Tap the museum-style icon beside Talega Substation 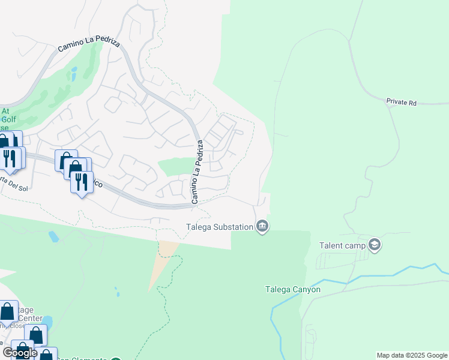pyautogui.click(x=262, y=226)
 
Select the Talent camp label pyautogui.click(x=339, y=245)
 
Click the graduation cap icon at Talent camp pyautogui.click(x=375, y=245)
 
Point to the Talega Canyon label pyautogui.click(x=293, y=289)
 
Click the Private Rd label pyautogui.click(x=401, y=103)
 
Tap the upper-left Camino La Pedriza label pyautogui.click(x=89, y=46)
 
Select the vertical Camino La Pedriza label pyautogui.click(x=197, y=172)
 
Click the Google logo pyautogui.click(x=19, y=352)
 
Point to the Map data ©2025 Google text pyautogui.click(x=411, y=355)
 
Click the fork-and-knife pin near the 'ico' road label pyautogui.click(x=82, y=181)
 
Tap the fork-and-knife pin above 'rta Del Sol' pyautogui.click(x=9, y=158)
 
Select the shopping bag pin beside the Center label pyautogui.click(x=8, y=312)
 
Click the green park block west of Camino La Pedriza pyautogui.click(x=175, y=166)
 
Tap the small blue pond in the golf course pyautogui.click(x=73, y=73)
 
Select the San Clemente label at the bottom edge pyautogui.click(x=84, y=358)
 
